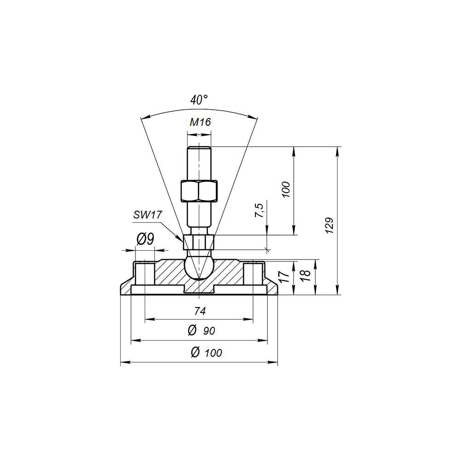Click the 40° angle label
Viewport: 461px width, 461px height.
click(x=199, y=100)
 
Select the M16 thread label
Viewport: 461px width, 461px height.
click(x=200, y=122)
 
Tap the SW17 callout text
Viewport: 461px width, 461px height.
click(x=148, y=215)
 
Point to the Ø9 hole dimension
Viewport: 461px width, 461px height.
click(x=145, y=239)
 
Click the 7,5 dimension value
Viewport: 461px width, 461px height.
click(x=259, y=210)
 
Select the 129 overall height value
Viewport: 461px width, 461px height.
click(x=330, y=225)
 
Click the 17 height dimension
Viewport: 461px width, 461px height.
click(x=284, y=277)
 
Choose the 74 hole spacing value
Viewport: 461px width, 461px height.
click(x=200, y=311)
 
